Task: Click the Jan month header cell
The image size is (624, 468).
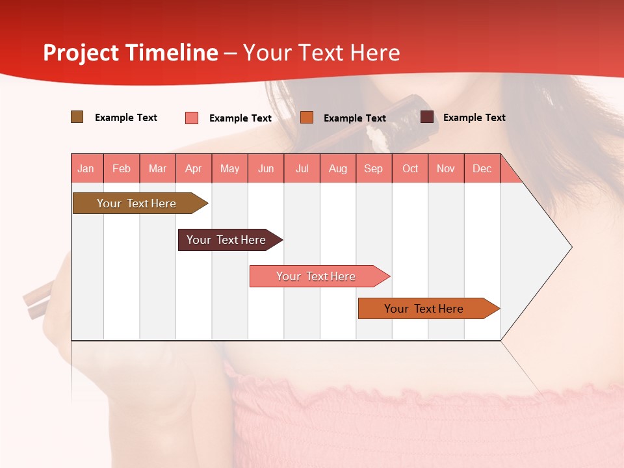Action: coord(86,168)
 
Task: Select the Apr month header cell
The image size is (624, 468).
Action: coord(194,168)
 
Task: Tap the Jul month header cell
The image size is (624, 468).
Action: coord(302,168)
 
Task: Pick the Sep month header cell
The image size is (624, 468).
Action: coord(374,168)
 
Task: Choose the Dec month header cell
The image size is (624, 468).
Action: coord(482,168)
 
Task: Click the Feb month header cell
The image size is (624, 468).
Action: coord(122,168)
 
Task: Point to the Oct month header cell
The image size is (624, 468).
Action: coord(410,168)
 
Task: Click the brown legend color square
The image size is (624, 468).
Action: coord(77,117)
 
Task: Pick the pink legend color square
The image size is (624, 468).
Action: coord(192,118)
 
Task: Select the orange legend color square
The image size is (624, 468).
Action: coord(307,117)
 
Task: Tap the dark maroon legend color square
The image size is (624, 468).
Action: coord(427,117)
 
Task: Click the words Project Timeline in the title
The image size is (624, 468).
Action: coord(131,53)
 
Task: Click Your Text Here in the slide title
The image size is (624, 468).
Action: coord(322,53)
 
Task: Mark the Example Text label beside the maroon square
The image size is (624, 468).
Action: coord(474,118)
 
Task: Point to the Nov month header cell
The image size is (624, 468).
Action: coord(446,168)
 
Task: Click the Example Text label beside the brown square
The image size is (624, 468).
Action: coord(126,118)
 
